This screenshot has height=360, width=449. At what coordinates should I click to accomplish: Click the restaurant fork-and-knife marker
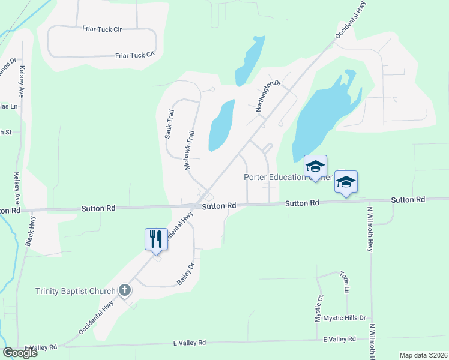point(155,239)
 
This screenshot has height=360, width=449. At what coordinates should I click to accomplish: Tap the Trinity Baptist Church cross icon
point(125,292)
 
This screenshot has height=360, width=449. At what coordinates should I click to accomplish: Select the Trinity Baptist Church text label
point(75,292)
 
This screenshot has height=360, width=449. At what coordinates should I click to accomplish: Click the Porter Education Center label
point(288,177)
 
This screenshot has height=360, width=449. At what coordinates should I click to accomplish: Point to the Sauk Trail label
point(169,124)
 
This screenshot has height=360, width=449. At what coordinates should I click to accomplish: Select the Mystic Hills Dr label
point(345,317)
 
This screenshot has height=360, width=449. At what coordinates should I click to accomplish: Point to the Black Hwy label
point(28,230)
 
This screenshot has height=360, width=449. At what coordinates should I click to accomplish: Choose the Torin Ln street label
point(345,282)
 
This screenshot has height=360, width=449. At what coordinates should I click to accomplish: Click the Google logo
point(20,352)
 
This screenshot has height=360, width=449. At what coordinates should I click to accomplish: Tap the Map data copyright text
point(423,355)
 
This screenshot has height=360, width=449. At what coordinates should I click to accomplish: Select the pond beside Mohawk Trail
point(220,126)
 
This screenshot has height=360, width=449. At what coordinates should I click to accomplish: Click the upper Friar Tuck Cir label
point(102,28)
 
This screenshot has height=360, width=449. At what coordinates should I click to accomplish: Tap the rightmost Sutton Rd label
point(408,199)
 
